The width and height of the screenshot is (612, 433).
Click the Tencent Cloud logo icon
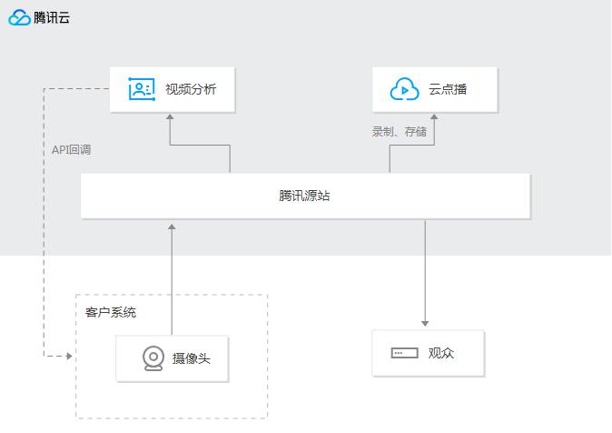[x=19, y=17]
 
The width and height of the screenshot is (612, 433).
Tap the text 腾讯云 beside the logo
[x=52, y=17]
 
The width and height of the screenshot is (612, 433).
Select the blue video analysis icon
[x=142, y=89]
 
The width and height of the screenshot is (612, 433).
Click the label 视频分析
[x=191, y=89]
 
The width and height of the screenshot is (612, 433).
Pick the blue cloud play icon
[x=405, y=89]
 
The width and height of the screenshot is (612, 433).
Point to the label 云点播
[x=448, y=89]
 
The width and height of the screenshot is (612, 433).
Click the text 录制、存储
[x=400, y=131]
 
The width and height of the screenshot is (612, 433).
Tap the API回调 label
[x=72, y=149]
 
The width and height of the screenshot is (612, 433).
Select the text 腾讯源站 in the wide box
[x=304, y=196]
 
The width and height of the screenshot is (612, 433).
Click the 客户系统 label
[x=111, y=312]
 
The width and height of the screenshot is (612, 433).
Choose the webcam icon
[x=153, y=357]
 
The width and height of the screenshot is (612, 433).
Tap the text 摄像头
[x=192, y=358]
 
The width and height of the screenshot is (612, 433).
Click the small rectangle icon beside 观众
[x=404, y=353]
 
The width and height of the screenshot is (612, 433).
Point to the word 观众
[x=441, y=353]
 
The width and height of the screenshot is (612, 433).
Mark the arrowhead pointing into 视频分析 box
[x=170, y=116]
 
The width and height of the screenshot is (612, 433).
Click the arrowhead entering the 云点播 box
[x=434, y=116]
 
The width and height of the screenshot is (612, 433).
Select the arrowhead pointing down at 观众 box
[x=425, y=324]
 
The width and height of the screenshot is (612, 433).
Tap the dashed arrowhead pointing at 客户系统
[x=70, y=356]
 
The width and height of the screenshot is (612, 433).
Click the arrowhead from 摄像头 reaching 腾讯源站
[x=172, y=227]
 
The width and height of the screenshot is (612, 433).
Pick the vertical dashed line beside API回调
[x=44, y=222]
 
